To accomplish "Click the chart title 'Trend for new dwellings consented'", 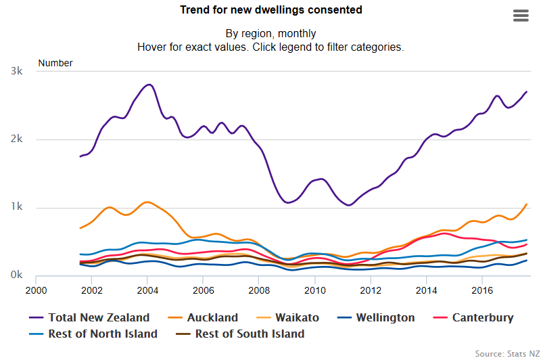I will click(x=270, y=10).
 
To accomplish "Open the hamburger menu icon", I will click(x=521, y=16).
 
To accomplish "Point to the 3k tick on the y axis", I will click(x=16, y=72).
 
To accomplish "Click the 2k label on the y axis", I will click(x=16, y=139).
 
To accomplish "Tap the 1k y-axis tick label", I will click(x=16, y=208).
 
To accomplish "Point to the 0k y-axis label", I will click(x=16, y=276).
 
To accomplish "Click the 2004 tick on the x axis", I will click(x=147, y=290).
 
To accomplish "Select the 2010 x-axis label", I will click(x=314, y=290).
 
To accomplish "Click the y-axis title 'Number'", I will click(x=55, y=63).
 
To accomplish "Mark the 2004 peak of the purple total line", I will click(x=149, y=85).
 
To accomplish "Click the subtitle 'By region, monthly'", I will click(x=270, y=33).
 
